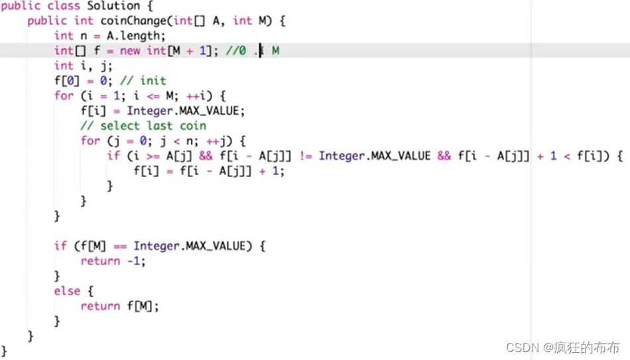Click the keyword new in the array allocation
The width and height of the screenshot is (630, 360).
point(130,51)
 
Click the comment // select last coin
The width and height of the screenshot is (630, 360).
point(143,126)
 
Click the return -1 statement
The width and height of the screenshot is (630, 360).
point(113,261)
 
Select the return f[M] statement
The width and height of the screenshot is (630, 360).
point(120,306)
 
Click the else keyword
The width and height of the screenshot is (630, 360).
point(67,291)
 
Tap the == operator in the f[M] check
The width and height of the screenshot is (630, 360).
point(120,246)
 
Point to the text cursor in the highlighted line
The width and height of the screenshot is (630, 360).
point(261,51)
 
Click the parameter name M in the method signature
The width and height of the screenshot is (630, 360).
point(262,21)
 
